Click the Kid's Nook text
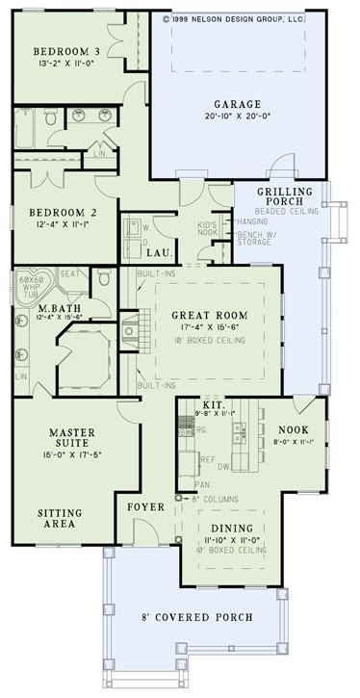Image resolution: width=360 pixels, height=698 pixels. (x=209, y=228)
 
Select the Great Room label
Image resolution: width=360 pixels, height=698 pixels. (x=209, y=315)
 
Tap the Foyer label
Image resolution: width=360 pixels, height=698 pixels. (x=145, y=505)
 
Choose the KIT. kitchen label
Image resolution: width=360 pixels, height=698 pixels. (x=214, y=405)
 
